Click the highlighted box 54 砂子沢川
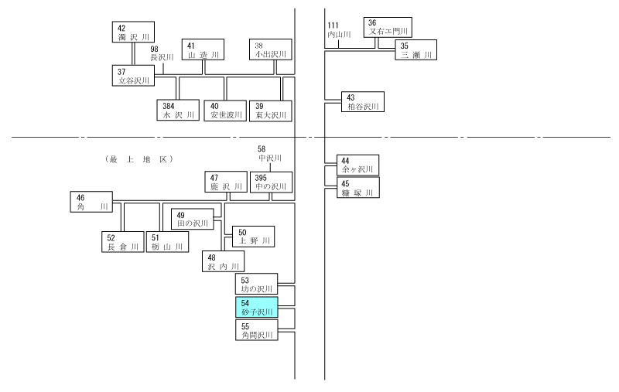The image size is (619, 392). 257,307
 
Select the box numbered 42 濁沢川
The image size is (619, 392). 133,32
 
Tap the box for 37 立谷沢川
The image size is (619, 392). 133,76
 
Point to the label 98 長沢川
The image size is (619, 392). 162,53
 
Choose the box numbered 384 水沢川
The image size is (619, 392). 178,110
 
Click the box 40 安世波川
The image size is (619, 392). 225,111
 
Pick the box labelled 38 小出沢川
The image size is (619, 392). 271,49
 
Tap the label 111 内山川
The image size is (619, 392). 339,30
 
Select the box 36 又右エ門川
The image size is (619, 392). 388,28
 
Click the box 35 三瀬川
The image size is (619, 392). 416,50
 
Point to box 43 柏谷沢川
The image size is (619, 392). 363,102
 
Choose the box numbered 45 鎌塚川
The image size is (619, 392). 358,188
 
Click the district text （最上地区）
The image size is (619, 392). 139,159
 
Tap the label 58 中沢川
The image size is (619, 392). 270,154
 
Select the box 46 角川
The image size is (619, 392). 91,202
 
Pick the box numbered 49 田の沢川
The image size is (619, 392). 193,220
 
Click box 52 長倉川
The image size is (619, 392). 123,242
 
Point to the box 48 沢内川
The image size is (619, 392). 224,261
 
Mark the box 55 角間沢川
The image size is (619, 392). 257,330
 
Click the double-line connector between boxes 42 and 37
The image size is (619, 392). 133,54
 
